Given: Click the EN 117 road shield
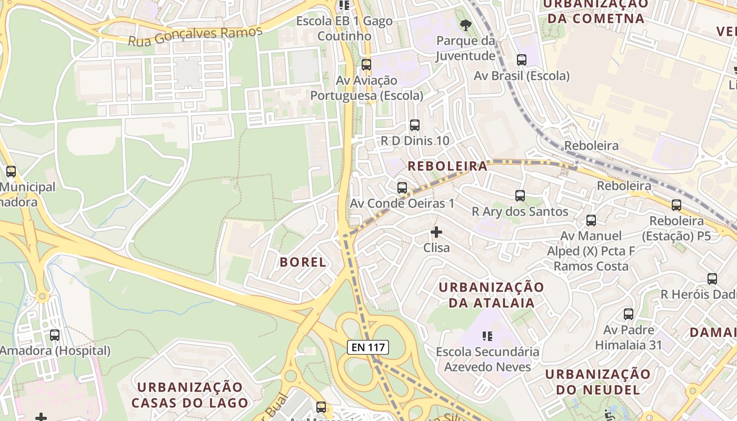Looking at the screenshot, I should [368, 347].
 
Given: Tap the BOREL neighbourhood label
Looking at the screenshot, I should [303, 262].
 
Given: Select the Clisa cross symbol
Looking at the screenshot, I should [436, 232].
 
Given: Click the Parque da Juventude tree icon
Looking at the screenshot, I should [465, 25].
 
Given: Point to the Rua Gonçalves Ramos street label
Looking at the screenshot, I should [195, 36].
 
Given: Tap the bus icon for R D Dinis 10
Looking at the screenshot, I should [415, 125].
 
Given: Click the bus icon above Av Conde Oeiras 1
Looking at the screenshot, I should [402, 188].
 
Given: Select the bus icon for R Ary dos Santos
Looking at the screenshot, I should [520, 196].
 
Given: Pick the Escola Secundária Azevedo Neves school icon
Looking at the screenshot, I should [487, 336].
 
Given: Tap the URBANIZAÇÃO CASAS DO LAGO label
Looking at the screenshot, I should [190, 395].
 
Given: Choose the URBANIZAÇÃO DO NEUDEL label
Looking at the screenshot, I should [598, 382].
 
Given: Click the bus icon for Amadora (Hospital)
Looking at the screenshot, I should [55, 335].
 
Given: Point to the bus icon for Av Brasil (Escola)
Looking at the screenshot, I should [522, 60].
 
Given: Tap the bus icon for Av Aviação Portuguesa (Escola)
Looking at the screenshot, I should [366, 65].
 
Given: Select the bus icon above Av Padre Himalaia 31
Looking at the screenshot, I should [629, 314].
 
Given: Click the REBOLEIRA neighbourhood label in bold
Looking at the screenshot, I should [448, 166].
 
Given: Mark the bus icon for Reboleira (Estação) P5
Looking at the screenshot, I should [676, 205].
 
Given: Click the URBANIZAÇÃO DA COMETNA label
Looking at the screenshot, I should [595, 11].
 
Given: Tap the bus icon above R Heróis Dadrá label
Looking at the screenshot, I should [712, 279].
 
